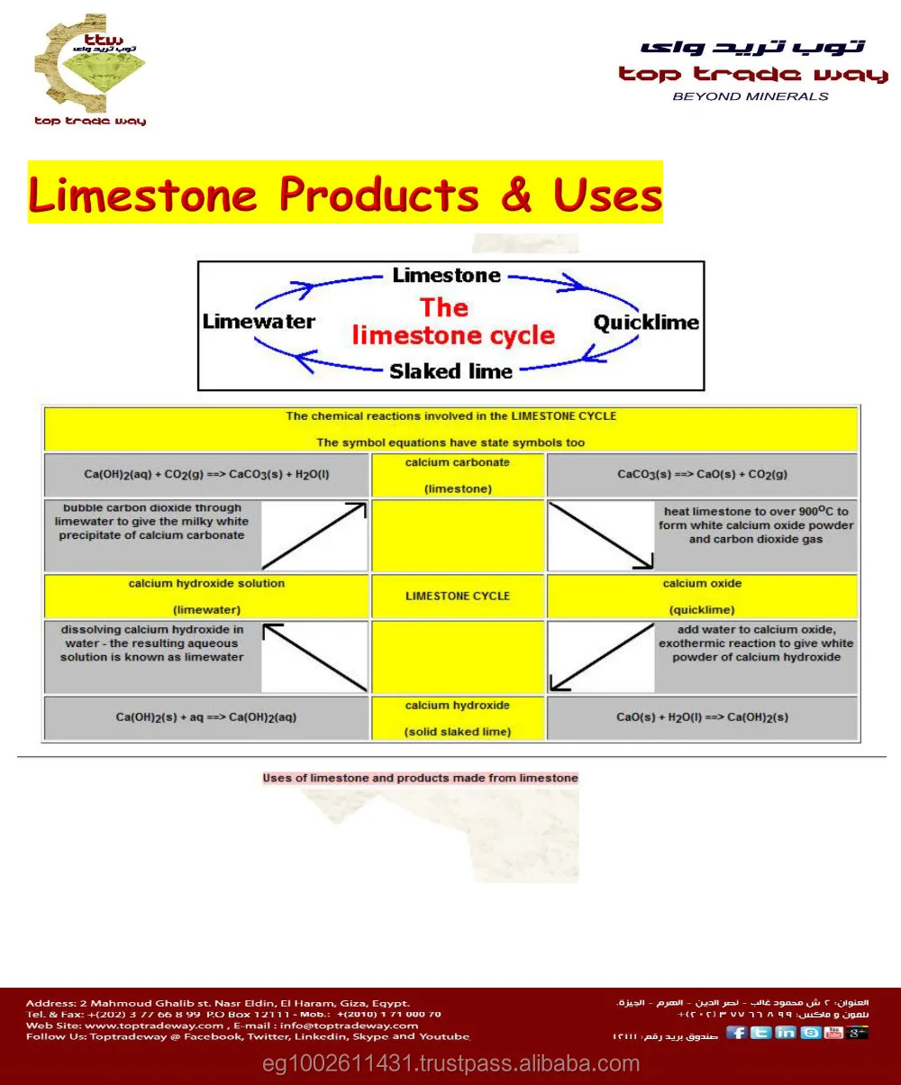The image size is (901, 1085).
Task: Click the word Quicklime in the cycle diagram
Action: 646,323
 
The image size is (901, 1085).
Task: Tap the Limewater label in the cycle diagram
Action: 259,322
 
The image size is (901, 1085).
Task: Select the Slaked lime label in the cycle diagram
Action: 450,371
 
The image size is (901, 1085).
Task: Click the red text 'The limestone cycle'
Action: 452,322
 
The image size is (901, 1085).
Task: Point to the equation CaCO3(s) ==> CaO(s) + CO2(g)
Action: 703,474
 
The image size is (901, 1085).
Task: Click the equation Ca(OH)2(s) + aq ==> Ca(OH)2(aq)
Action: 206,717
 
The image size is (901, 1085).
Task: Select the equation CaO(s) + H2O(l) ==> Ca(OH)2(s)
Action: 703,717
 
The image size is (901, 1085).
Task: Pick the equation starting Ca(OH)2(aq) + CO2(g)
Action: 206,474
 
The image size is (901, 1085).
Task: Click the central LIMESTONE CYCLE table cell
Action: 458,596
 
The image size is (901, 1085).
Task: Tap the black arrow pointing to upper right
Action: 314,535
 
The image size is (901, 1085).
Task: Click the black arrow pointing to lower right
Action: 601,535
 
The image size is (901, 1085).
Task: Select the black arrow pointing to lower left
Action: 601,657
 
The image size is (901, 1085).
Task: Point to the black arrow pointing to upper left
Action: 314,657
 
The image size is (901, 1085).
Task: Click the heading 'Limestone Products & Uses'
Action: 345,193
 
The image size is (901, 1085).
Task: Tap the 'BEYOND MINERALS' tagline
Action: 751,96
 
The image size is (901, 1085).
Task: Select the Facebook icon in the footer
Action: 737,1032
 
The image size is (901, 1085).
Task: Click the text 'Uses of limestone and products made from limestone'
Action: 420,778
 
